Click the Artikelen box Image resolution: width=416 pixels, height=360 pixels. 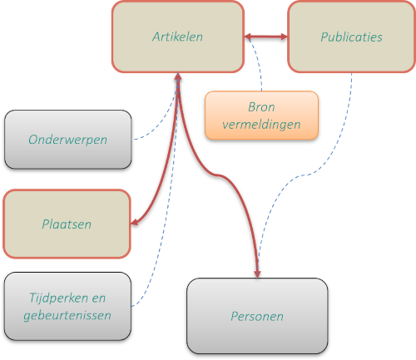click(178, 37)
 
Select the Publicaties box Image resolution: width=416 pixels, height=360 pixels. click(351, 37)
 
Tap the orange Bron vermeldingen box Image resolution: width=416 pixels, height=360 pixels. click(261, 116)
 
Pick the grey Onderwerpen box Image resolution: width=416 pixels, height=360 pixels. click(68, 140)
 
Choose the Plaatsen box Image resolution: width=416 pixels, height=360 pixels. click(67, 224)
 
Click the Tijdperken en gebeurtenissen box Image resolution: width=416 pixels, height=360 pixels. click(67, 306)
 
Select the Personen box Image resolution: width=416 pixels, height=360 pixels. click(257, 316)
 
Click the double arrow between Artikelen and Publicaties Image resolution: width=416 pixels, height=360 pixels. click(266, 37)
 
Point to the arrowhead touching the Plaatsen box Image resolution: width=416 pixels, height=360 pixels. click(134, 222)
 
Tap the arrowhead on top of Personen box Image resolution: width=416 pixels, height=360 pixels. click(258, 274)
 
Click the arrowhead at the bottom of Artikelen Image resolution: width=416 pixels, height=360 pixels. click(178, 77)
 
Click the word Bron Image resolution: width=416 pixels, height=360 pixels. click(261, 107)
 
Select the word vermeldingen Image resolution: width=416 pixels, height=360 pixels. click(261, 125)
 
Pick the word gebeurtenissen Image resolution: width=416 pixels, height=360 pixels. click(67, 315)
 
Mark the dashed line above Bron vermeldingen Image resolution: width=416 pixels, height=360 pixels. click(259, 64)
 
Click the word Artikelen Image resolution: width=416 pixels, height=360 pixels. click(177, 37)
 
